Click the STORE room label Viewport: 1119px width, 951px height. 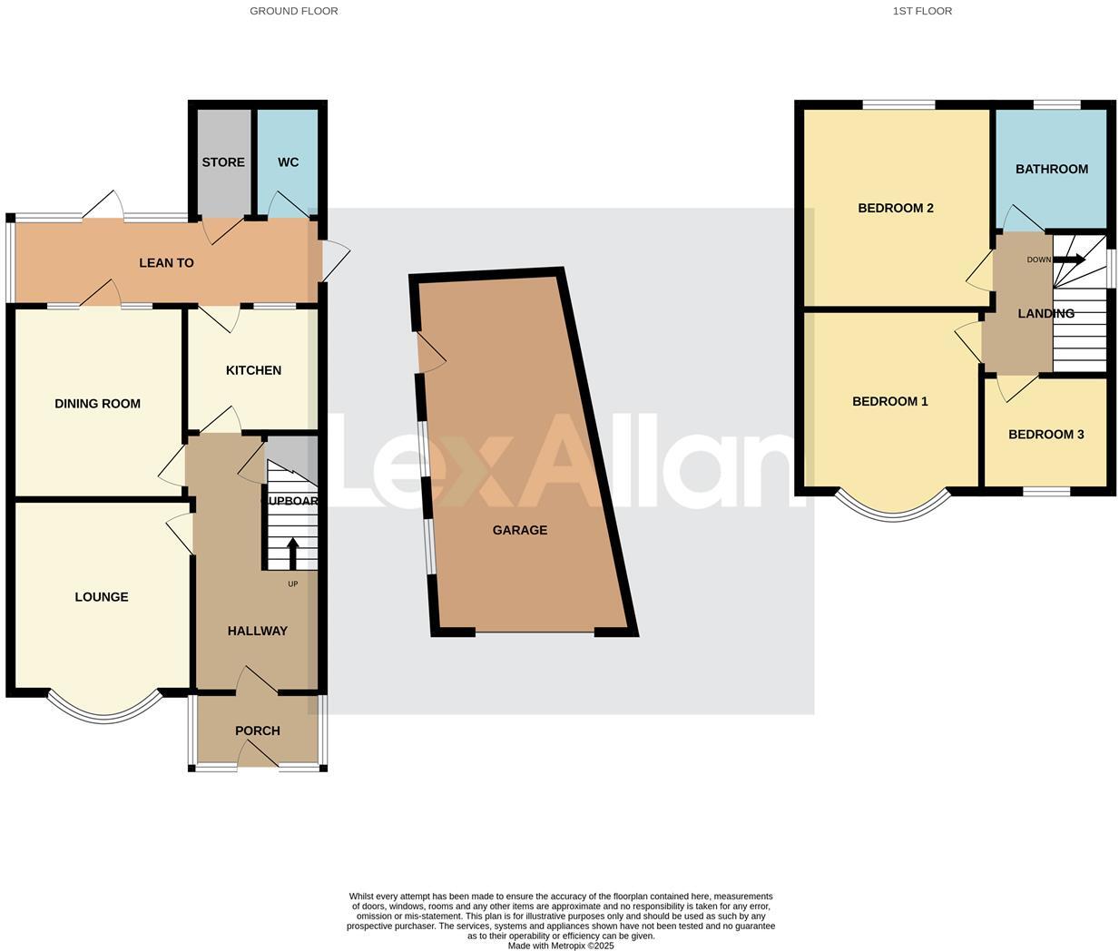[223, 162]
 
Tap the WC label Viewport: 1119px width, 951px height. [288, 162]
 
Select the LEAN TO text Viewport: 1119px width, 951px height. [166, 263]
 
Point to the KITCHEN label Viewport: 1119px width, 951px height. [253, 370]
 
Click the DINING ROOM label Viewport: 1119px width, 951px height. [97, 404]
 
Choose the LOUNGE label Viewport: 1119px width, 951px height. [102, 597]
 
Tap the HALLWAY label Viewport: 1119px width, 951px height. [258, 631]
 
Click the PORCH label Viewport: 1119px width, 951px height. [258, 730]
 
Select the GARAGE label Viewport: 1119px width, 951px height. [520, 530]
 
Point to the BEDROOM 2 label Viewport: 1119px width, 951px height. [896, 208]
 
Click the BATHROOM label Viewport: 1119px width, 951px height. [1052, 169]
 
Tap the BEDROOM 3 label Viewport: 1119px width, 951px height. [1046, 435]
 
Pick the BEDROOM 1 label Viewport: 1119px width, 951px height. [890, 401]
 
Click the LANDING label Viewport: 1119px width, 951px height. [1046, 314]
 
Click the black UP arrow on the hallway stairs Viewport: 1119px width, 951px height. [292, 554]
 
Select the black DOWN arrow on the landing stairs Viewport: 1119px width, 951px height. [1070, 260]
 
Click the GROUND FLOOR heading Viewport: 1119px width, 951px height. [294, 11]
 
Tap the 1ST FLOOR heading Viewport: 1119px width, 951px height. [922, 11]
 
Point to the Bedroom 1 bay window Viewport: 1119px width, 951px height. [893, 514]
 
